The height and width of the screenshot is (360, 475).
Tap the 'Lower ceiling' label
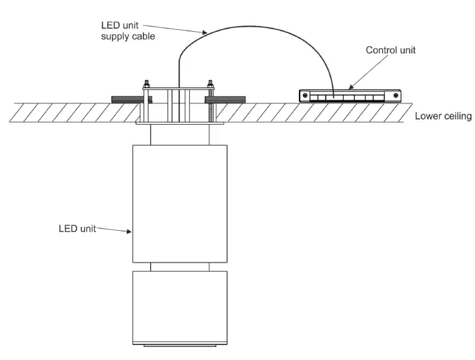(x=443, y=117)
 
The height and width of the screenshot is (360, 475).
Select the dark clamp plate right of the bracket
(x=227, y=99)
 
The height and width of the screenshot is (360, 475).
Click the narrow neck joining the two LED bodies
(x=180, y=266)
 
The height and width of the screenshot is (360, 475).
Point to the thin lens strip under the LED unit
(x=180, y=346)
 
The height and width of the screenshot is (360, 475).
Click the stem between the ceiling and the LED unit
(x=180, y=134)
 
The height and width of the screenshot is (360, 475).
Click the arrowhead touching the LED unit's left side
(x=130, y=231)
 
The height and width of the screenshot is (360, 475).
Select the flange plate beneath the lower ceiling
(x=179, y=123)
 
